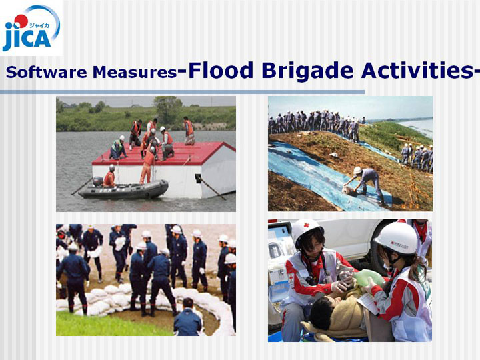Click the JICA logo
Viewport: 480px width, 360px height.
point(31,27)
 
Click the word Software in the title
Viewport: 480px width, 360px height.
point(46,72)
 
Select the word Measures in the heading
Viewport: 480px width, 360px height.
point(135,72)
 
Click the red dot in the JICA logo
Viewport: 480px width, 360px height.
point(21,21)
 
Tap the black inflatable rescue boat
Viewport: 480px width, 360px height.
point(123,189)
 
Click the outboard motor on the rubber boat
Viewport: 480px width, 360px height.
point(97,181)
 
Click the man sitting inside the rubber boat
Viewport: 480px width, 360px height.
point(109,176)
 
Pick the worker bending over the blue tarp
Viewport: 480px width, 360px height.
point(364,184)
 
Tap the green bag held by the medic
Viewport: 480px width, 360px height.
point(368,278)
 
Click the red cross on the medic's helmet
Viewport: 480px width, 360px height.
point(307,225)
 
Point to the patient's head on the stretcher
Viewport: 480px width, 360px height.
point(321,313)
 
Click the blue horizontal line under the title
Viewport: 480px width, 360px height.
point(183,92)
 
